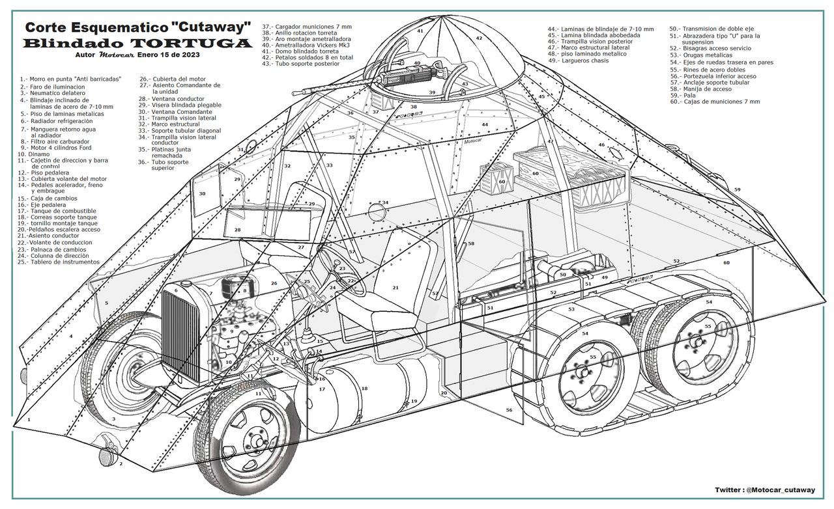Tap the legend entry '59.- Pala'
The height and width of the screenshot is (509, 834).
pos(693,95)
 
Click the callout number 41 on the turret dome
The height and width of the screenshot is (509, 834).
pos(420,31)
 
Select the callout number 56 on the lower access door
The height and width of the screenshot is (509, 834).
pos(508,410)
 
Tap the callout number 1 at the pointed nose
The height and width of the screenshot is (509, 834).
pos(29,420)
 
